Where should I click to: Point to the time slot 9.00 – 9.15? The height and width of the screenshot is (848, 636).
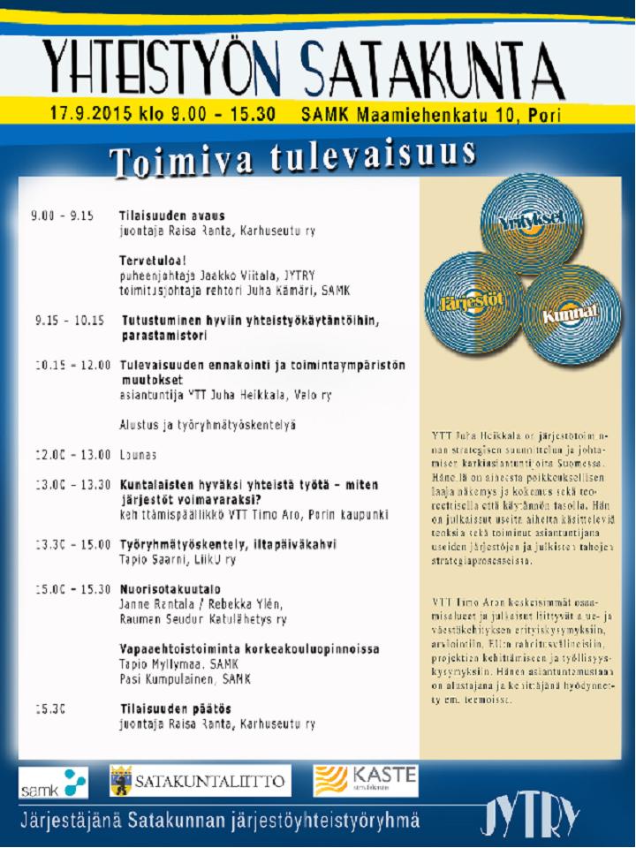[x=62, y=216]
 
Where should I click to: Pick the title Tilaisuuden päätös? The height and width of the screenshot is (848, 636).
[x=176, y=708]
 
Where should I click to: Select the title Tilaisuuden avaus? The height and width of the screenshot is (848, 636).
[x=172, y=216]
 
